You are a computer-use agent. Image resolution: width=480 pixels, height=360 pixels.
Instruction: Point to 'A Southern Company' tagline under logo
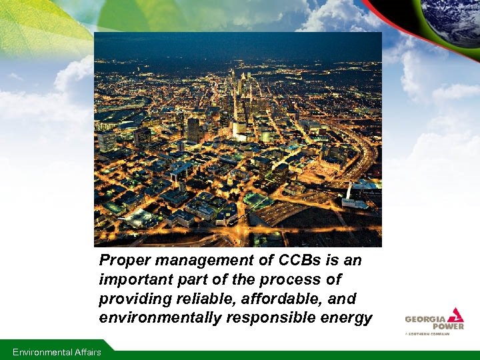click(x=427, y=333)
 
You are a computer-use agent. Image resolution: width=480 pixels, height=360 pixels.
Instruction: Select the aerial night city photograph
click(x=237, y=139)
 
